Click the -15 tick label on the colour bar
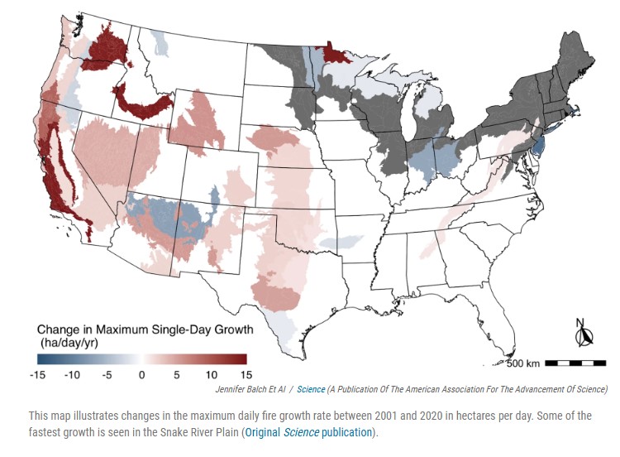(37, 374)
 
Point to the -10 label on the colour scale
(73, 374)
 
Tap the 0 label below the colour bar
(142, 374)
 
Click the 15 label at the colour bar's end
(245, 374)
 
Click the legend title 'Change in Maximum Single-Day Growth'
(144, 330)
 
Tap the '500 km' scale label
(523, 363)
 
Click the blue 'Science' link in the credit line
(311, 388)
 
